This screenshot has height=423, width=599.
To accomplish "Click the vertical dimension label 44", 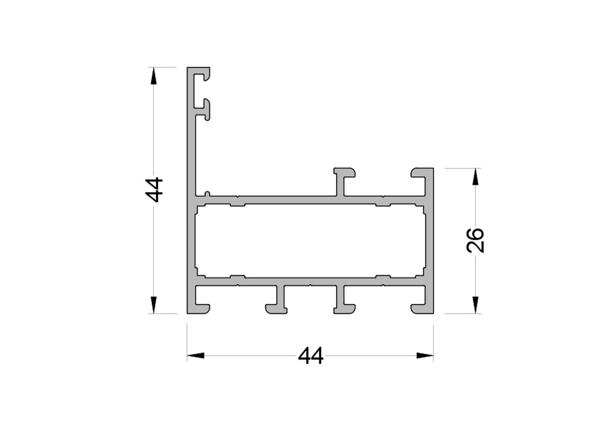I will [154, 190].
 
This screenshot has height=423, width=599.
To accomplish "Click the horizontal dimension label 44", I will [311, 356].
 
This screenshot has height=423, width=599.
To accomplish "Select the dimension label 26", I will [475, 241].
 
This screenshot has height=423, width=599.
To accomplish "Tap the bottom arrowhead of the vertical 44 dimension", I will [153, 305].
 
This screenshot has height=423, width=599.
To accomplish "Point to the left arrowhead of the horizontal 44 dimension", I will [196, 356].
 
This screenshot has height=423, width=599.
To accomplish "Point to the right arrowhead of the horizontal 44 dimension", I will [424, 356].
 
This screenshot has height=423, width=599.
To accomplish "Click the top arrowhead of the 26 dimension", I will [475, 177].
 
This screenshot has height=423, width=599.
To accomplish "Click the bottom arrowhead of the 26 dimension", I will [475, 305].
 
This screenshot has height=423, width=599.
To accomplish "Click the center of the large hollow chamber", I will [310, 241].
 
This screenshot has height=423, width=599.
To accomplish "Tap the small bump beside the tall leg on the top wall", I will [207, 193].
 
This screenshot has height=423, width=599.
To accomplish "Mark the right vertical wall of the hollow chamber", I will [429, 241].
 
